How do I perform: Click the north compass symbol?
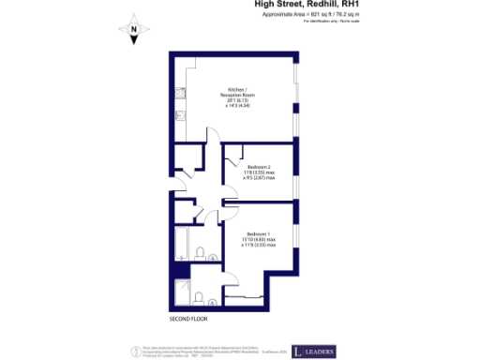(134, 31)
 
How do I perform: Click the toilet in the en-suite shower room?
(200, 297)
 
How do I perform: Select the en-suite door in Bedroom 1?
(221, 275)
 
